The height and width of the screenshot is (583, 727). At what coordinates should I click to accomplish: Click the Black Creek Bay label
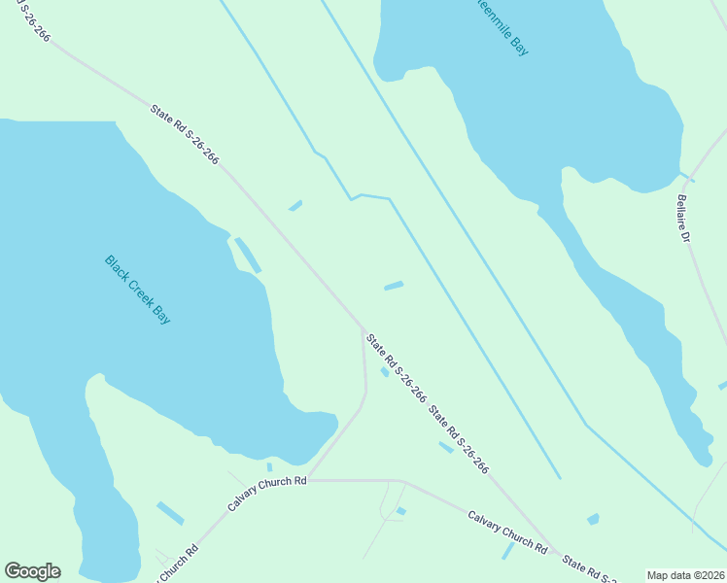(x=137, y=290)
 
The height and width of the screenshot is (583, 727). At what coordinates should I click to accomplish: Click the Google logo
(x=32, y=571)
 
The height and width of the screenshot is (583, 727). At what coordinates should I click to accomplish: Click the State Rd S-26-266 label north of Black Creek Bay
(x=185, y=135)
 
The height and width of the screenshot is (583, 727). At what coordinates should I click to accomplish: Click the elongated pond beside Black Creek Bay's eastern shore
(x=247, y=255)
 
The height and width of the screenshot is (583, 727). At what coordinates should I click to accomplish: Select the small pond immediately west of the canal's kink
(x=295, y=205)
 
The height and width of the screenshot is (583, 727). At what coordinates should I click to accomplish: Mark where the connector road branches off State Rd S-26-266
(x=363, y=328)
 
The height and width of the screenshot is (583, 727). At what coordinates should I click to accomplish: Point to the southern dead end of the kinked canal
(x=560, y=477)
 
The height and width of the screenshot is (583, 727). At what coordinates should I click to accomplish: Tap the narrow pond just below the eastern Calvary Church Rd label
(x=507, y=551)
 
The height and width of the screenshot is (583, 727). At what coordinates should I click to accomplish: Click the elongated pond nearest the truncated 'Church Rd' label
(x=170, y=512)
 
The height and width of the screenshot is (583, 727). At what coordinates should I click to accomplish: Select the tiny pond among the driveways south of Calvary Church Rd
(x=401, y=510)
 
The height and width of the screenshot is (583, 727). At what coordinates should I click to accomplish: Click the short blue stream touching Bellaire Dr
(x=686, y=177)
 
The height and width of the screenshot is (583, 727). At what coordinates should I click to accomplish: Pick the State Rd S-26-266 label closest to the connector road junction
(x=396, y=367)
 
